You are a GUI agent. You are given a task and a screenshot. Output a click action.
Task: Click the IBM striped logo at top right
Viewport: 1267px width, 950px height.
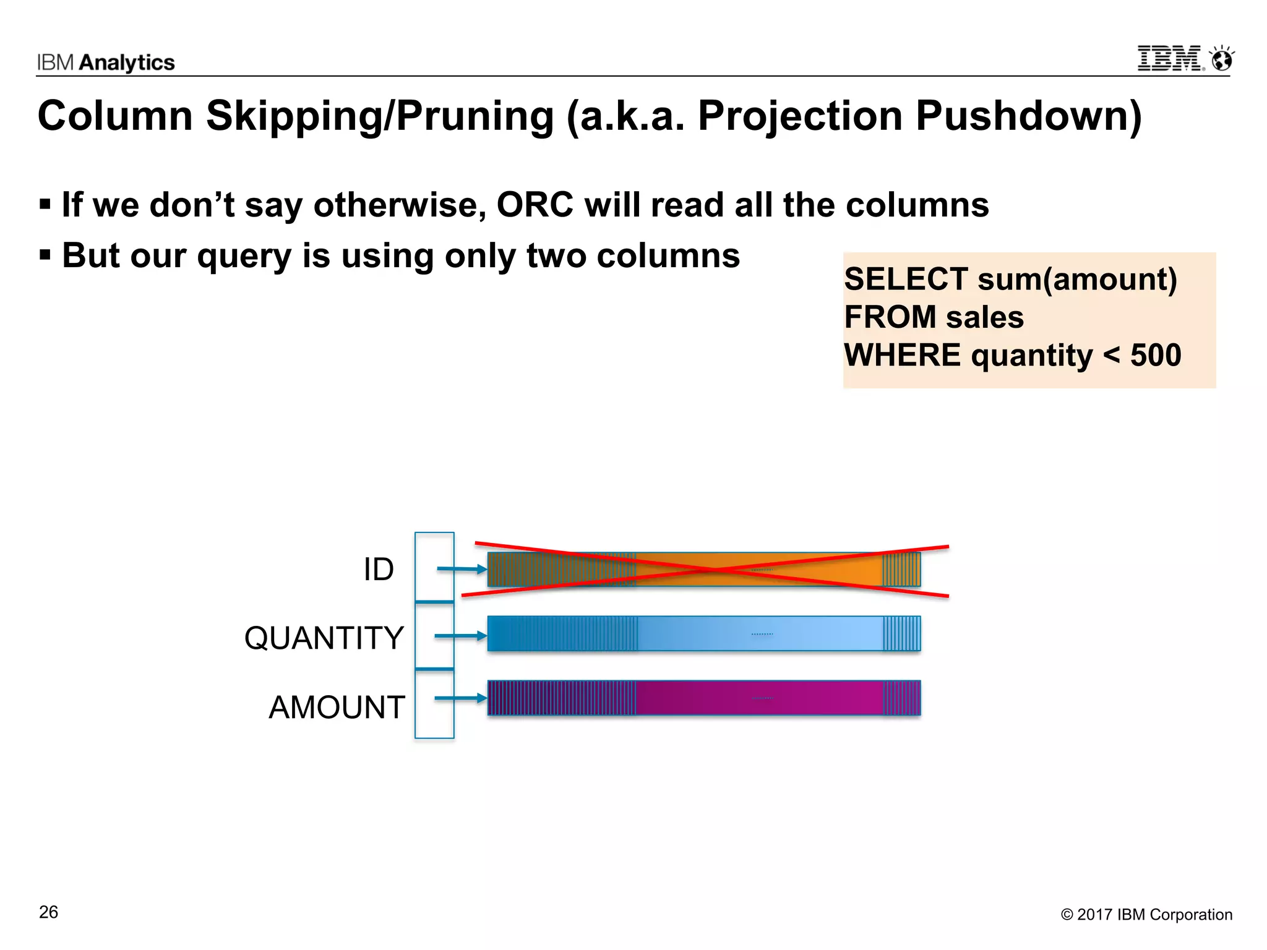pyautogui.click(x=1170, y=59)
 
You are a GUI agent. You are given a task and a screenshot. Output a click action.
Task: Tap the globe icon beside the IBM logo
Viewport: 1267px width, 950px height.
pyautogui.click(x=1222, y=59)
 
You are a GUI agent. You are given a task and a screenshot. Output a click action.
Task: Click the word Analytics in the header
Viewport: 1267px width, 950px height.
pyautogui.click(x=127, y=62)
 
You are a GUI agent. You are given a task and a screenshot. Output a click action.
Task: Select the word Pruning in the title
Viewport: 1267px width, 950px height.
pyautogui.click(x=475, y=116)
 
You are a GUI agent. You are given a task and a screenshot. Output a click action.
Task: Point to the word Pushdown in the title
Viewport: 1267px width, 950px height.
pyautogui.click(x=1028, y=116)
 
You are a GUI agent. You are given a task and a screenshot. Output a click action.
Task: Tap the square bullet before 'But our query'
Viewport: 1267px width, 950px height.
pyautogui.click(x=45, y=254)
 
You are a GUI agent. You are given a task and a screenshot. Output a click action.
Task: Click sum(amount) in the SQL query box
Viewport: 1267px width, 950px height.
pyautogui.click(x=1077, y=279)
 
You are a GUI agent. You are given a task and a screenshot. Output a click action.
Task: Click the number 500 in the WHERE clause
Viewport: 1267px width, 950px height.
pyautogui.click(x=1156, y=356)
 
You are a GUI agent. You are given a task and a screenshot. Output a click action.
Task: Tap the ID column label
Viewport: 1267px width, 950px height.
pyautogui.click(x=378, y=569)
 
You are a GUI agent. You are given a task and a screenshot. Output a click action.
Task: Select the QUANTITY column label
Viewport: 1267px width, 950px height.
pyautogui.click(x=324, y=638)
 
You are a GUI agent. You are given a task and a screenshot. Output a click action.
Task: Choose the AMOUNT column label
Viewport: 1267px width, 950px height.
pyautogui.click(x=337, y=707)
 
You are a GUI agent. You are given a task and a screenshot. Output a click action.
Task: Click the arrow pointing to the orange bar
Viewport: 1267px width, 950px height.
pyautogui.click(x=462, y=569)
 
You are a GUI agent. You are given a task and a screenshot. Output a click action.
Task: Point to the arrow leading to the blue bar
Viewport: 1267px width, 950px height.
pyautogui.click(x=460, y=636)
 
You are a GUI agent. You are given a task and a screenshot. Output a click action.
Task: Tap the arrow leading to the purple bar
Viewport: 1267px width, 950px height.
pyautogui.click(x=460, y=698)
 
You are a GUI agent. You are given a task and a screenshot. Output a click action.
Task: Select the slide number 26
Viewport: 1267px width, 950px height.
pyautogui.click(x=48, y=912)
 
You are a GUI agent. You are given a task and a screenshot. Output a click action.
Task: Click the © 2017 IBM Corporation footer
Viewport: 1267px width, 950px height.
pyautogui.click(x=1146, y=915)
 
